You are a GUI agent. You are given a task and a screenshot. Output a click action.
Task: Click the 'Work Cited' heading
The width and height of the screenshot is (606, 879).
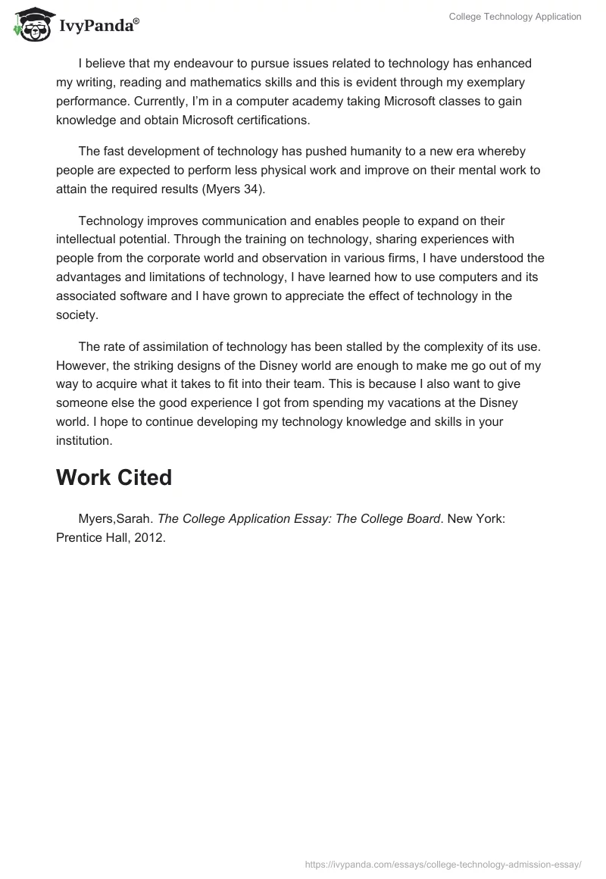point(114,478)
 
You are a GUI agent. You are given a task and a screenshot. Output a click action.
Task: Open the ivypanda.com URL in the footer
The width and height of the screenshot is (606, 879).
point(442,863)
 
